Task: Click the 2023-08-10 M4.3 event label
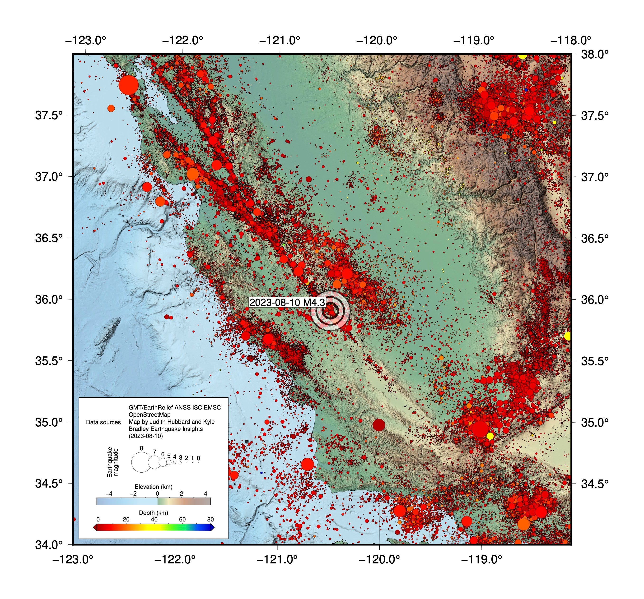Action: click(287, 302)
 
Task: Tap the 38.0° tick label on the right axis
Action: click(594, 54)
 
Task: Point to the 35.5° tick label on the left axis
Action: click(49, 361)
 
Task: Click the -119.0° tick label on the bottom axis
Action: click(481, 559)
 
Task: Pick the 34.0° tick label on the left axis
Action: click(49, 545)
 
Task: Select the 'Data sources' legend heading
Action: click(103, 422)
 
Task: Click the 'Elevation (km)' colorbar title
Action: click(154, 487)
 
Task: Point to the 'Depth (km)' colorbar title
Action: click(154, 513)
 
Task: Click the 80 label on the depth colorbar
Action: click(210, 520)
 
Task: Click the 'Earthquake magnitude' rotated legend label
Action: click(113, 462)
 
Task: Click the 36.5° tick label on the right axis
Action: click(594, 238)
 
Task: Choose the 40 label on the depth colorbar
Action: click(154, 520)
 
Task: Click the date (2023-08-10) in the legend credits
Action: click(146, 436)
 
